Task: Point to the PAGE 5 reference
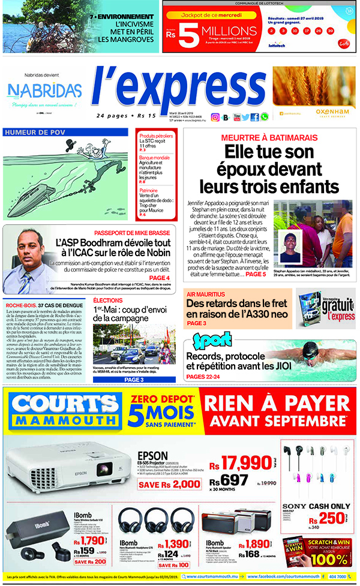coord(255,274)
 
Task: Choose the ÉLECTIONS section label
coord(108,300)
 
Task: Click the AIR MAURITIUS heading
coord(206,294)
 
